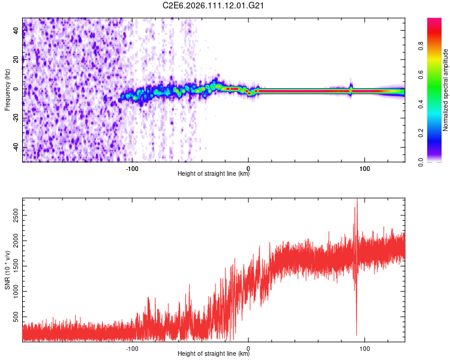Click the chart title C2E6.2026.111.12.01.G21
tap(214, 5)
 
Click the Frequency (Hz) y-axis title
tap(7, 90)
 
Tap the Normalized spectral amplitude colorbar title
tap(446, 90)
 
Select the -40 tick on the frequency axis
tap(16, 148)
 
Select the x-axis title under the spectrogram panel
tap(214, 175)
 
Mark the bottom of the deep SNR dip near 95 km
tap(356, 335)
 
